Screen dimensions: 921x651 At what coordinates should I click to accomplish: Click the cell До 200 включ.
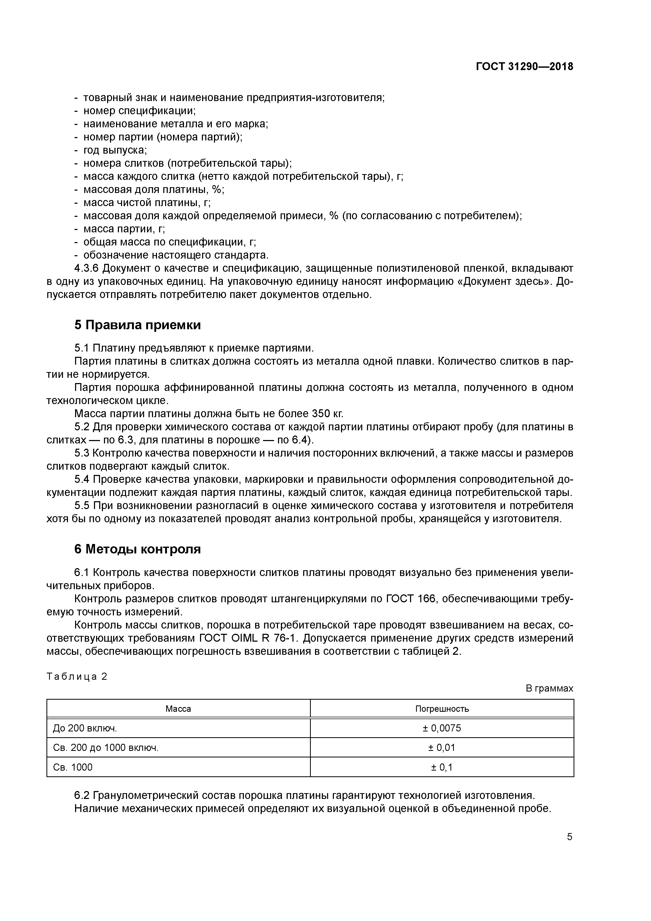point(85,728)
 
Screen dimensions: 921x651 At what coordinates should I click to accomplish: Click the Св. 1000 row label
point(73,767)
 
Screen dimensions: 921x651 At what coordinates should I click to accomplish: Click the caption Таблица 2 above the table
point(77,677)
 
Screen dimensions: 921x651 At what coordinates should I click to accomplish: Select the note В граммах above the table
point(549,688)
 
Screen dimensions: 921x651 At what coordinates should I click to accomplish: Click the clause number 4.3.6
point(86,268)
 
